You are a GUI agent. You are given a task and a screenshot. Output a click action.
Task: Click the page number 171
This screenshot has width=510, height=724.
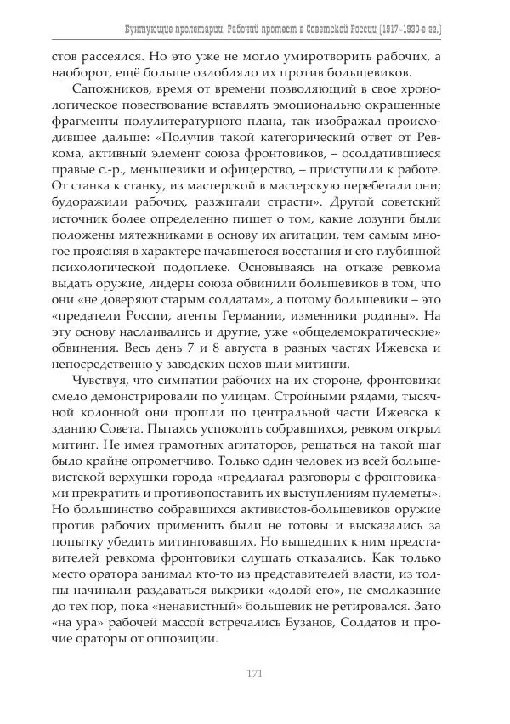[x=253, y=675]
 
